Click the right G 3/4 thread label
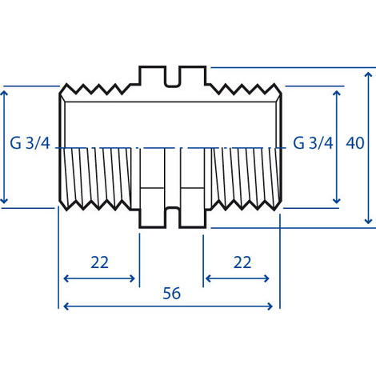pos(313,144)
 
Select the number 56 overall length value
pos(171,293)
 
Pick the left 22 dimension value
pos(99,262)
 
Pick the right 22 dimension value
pos(242,262)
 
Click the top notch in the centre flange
pos(173,78)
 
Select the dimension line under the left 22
pos(99,278)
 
